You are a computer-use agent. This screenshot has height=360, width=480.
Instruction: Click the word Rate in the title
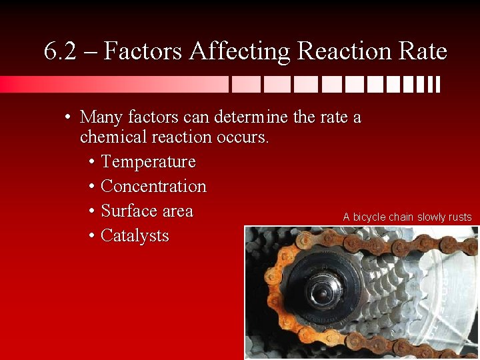tap(420, 51)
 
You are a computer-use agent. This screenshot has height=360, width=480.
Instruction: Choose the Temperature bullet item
tap(148, 162)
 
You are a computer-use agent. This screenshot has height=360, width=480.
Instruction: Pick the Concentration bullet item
tap(153, 187)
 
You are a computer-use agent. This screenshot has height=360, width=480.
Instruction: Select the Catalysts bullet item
tap(135, 236)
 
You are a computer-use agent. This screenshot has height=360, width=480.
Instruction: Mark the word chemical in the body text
tap(111, 137)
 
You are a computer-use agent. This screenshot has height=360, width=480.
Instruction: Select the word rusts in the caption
tap(459, 217)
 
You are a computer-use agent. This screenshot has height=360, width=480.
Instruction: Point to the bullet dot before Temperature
tap(91, 163)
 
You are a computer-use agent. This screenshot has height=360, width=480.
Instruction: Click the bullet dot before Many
tap(69, 118)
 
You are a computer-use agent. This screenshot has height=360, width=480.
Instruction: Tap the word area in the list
tap(177, 211)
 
